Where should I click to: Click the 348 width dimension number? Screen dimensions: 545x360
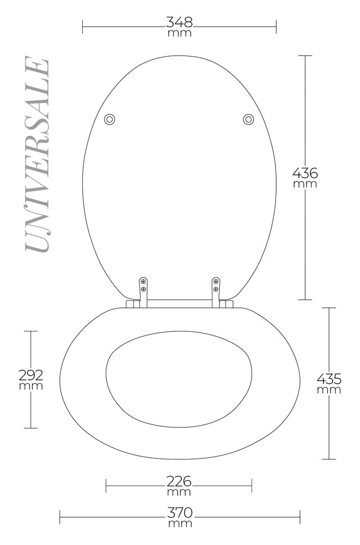click(179, 22)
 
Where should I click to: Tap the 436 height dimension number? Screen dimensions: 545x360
click(305, 173)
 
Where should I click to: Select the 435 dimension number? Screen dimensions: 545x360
click(329, 378)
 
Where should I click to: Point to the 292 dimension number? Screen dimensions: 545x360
click(30, 375)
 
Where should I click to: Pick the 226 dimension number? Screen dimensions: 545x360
click(179, 481)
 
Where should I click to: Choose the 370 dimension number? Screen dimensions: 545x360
click(179, 513)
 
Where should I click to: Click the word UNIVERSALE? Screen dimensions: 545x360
click(38, 155)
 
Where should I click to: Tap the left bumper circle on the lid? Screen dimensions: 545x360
click(109, 119)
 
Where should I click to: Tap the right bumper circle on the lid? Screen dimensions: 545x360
click(248, 119)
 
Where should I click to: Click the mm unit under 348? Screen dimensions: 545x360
click(179, 33)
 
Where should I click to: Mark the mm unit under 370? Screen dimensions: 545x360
click(179, 524)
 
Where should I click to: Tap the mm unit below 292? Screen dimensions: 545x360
click(30, 386)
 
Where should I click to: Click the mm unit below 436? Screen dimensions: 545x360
click(305, 184)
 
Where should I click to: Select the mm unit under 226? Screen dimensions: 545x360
click(179, 492)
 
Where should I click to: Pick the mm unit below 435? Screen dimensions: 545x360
click(329, 390)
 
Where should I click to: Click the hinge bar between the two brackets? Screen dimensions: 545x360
click(179, 301)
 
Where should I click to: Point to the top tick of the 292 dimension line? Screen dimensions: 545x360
click(30, 331)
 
